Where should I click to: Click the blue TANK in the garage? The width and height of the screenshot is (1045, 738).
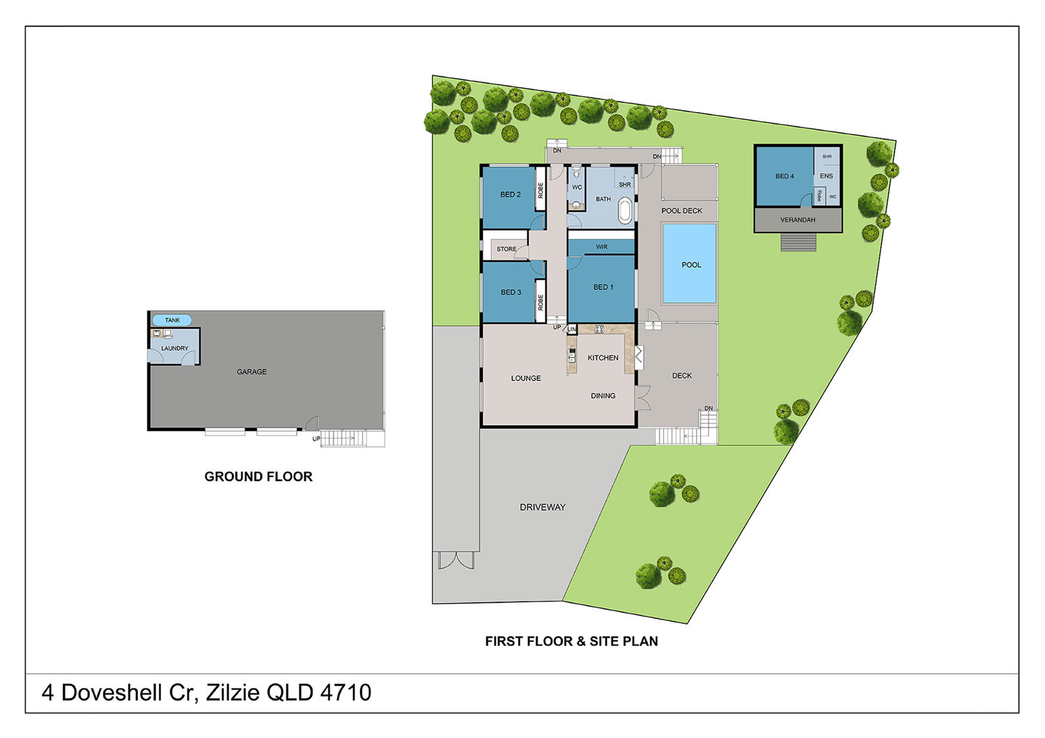[x=171, y=320]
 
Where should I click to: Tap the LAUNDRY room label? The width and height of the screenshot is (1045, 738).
[x=174, y=348]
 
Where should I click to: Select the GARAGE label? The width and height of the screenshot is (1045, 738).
[x=251, y=372]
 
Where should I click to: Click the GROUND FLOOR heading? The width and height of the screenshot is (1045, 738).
[x=258, y=476]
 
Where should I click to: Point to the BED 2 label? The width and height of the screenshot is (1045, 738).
[x=511, y=194]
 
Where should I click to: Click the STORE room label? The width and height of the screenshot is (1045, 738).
[x=506, y=249]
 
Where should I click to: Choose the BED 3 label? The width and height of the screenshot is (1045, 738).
[x=511, y=292]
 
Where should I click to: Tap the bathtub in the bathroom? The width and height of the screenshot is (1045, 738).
[x=625, y=211]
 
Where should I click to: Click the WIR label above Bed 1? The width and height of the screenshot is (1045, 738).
[x=601, y=247]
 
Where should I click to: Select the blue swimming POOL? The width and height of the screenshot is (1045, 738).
[x=690, y=264]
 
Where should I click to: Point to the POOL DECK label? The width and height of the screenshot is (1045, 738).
[x=681, y=211]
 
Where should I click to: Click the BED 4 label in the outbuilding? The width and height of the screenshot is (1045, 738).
[x=784, y=176]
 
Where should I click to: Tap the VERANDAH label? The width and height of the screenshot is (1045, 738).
[x=798, y=219]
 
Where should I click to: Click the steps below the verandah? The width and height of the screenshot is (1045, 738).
[x=798, y=242]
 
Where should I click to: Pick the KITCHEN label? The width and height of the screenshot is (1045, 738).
[x=603, y=358]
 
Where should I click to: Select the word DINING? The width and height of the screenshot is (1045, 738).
[x=603, y=396]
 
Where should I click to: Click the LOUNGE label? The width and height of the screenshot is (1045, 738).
[x=526, y=378]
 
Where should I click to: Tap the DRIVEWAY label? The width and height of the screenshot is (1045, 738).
[x=543, y=508]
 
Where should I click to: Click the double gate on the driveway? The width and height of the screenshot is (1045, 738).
[x=456, y=560]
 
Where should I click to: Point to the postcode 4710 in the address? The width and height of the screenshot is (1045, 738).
[x=346, y=692]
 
